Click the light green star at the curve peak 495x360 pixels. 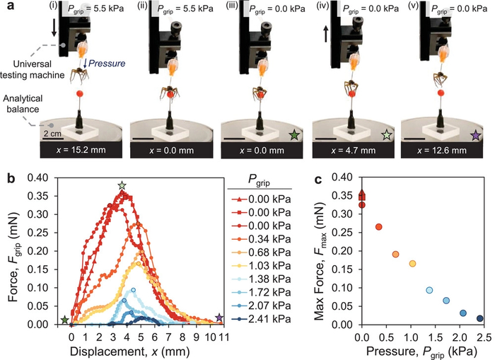122,185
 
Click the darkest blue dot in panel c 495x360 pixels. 480,319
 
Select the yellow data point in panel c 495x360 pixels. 412,264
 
